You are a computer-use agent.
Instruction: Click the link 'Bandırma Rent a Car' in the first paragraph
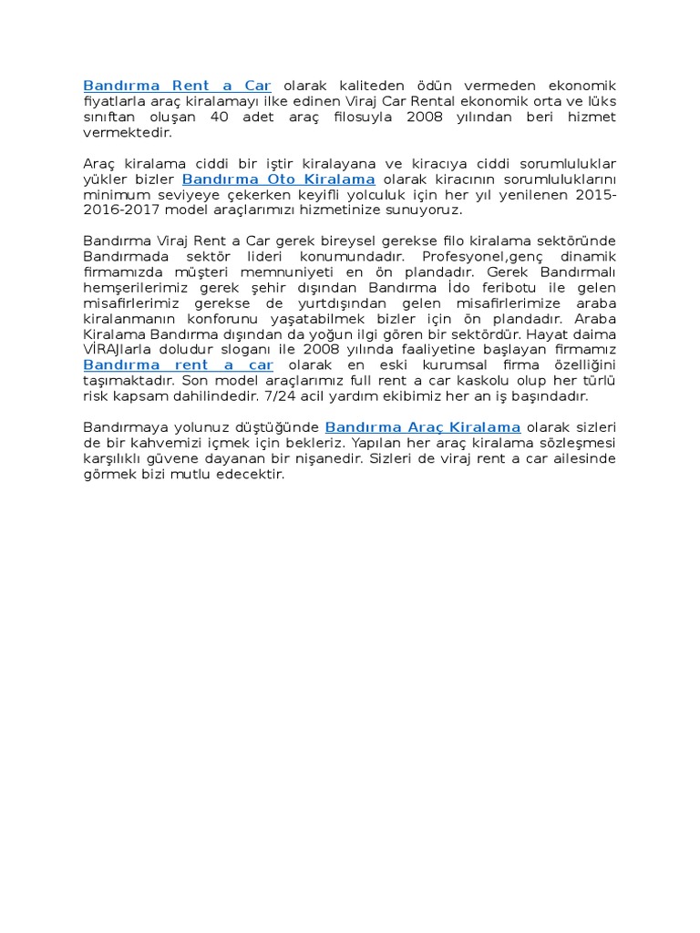177,87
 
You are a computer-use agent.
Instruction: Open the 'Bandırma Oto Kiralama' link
278,179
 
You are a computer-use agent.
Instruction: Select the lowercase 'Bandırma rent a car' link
178,365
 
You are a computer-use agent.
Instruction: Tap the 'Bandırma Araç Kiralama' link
423,427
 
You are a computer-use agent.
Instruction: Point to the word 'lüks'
600,102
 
